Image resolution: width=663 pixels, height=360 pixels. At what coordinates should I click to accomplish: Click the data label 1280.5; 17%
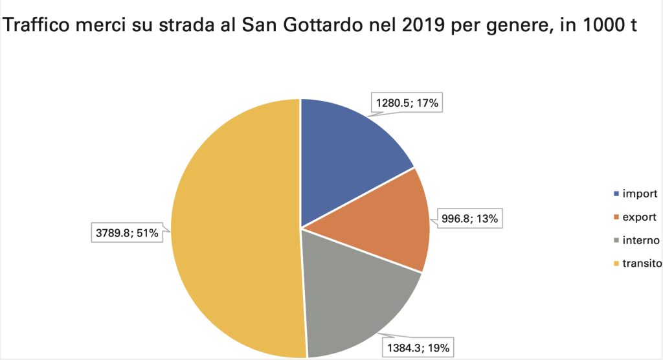(407, 103)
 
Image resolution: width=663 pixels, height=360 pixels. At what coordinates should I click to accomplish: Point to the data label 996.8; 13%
(469, 219)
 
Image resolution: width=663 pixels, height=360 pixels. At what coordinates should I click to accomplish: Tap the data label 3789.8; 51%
(127, 232)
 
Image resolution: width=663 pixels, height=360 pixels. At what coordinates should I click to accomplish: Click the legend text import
(640, 194)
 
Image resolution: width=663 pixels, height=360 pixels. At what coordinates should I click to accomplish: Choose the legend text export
(639, 217)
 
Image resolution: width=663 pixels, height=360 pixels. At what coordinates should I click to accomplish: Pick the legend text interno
(641, 240)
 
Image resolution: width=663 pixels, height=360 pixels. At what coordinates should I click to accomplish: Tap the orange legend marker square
(616, 218)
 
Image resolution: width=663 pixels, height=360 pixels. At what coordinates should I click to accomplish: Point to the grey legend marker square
(616, 241)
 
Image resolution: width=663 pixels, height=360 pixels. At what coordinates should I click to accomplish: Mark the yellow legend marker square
(616, 264)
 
